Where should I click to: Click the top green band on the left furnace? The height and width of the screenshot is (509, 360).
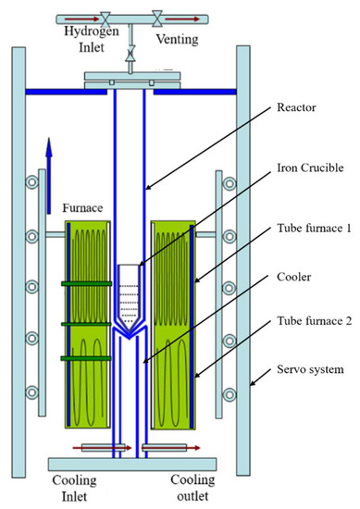[x=83, y=284]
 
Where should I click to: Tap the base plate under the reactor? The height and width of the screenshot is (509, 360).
[x=130, y=464]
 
